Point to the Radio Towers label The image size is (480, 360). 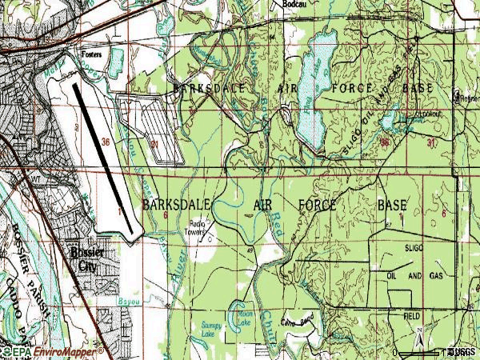[x=198, y=228]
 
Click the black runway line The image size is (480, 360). [x=105, y=159]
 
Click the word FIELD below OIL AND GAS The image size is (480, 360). [x=411, y=317]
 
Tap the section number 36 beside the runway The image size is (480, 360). [x=107, y=142]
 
